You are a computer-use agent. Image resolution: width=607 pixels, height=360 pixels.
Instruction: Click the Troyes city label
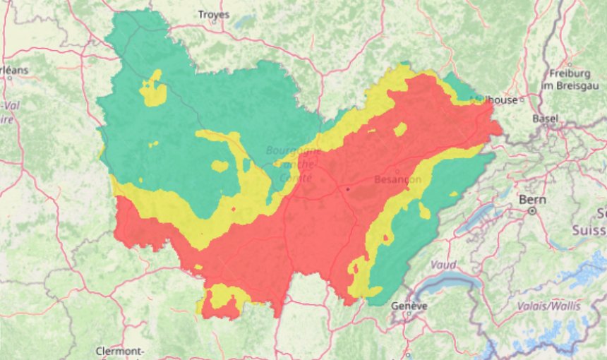click(214, 14)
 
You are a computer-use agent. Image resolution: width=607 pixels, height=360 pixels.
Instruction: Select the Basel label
click(545, 119)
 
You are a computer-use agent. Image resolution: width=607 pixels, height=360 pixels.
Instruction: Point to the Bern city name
click(532, 200)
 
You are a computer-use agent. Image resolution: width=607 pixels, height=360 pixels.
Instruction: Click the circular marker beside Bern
click(533, 210)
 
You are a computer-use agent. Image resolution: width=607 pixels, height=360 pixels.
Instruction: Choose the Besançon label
click(397, 179)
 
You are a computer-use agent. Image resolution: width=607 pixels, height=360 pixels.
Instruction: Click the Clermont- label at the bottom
click(120, 351)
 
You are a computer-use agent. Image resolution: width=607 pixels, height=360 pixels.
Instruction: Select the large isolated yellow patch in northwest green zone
click(153, 90)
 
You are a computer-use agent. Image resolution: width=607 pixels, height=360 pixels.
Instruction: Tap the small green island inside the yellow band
click(220, 167)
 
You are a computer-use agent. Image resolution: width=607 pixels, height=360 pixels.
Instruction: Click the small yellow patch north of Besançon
click(400, 128)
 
